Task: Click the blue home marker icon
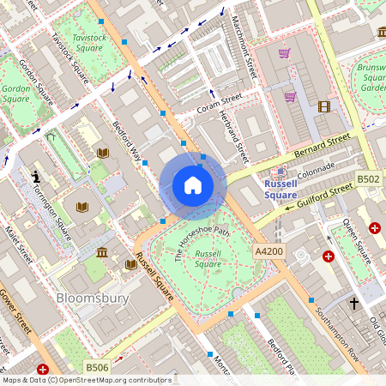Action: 193,185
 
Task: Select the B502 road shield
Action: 368,178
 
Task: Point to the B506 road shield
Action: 96,367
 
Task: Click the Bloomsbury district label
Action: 92,299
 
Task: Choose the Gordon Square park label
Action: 16,93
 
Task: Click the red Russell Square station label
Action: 280,190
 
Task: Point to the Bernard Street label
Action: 323,142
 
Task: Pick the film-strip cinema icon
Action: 323,106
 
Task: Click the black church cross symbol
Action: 353,303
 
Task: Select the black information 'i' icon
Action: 36,175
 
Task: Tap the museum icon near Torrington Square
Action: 103,252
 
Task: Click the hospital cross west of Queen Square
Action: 328,256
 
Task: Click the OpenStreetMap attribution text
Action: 86,379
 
